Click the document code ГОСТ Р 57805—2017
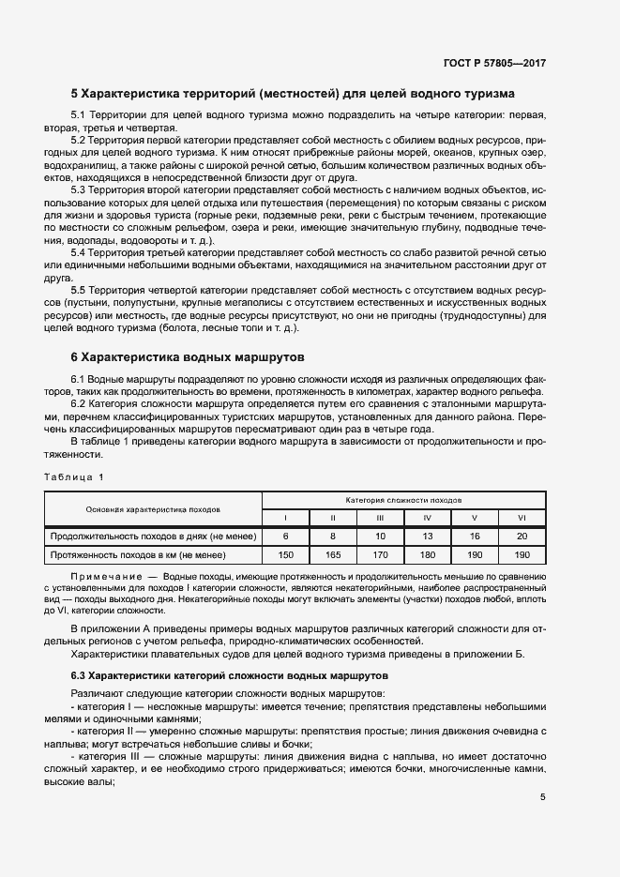tap(494, 64)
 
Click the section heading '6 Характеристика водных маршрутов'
tap(194, 356)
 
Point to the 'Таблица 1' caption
tap(74, 477)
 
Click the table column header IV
tap(427, 518)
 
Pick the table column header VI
tap(522, 518)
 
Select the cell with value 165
tap(332, 555)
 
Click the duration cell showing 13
tap(427, 537)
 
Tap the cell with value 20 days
tap(522, 537)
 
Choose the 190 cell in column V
tap(475, 555)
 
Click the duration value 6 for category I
tap(285, 537)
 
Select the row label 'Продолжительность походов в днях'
tap(149, 537)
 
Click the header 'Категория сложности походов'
tap(403, 500)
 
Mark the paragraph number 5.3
tap(83, 189)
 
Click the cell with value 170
tap(380, 555)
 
